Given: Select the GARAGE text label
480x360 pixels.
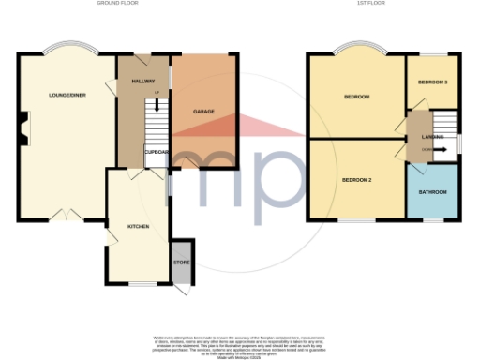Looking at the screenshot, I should [203, 112].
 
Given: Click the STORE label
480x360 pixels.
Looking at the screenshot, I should [180, 262].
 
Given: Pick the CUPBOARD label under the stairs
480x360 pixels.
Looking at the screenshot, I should [156, 151].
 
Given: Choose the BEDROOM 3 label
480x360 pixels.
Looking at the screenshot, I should [433, 82].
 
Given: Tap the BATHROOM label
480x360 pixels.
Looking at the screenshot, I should [432, 192].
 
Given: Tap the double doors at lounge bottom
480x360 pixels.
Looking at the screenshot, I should [67, 215].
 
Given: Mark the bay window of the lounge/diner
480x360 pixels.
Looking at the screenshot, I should [67, 48].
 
